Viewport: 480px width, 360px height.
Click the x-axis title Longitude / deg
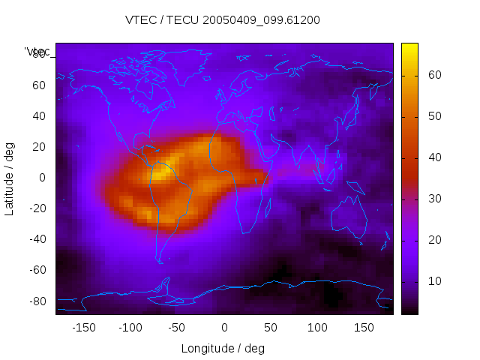[223, 348]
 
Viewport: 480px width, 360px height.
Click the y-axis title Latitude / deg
[10, 178]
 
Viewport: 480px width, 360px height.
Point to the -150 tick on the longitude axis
[83, 327]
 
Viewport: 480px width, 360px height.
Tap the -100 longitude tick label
[130, 327]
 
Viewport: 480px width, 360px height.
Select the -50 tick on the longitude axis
[177, 327]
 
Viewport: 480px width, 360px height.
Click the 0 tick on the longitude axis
[223, 327]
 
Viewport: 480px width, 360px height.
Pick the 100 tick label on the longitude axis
[317, 327]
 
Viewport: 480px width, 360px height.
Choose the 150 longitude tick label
[364, 327]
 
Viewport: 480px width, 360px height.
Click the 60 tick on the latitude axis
[39, 85]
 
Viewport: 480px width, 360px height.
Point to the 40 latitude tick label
[39, 116]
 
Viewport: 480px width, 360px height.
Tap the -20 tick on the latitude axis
[37, 208]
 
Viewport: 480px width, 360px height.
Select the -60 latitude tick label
[37, 270]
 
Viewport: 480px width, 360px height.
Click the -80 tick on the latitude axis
[37, 301]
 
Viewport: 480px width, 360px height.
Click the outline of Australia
[349, 220]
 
